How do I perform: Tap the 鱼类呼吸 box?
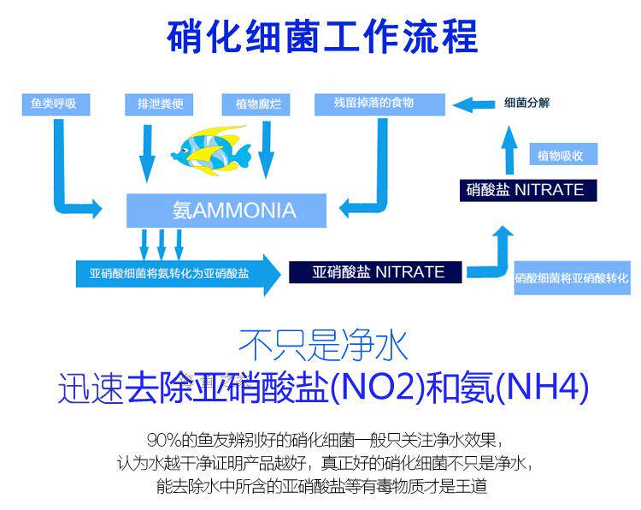[54, 104]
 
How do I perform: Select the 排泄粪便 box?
[154, 104]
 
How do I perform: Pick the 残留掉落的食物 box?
[379, 104]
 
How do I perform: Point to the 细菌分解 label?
[527, 104]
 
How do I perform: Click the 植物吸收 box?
[562, 156]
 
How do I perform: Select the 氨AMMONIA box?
[226, 211]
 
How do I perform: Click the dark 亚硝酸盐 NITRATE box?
[378, 272]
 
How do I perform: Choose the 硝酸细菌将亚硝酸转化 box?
[572, 279]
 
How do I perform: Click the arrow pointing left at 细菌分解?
[473, 104]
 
